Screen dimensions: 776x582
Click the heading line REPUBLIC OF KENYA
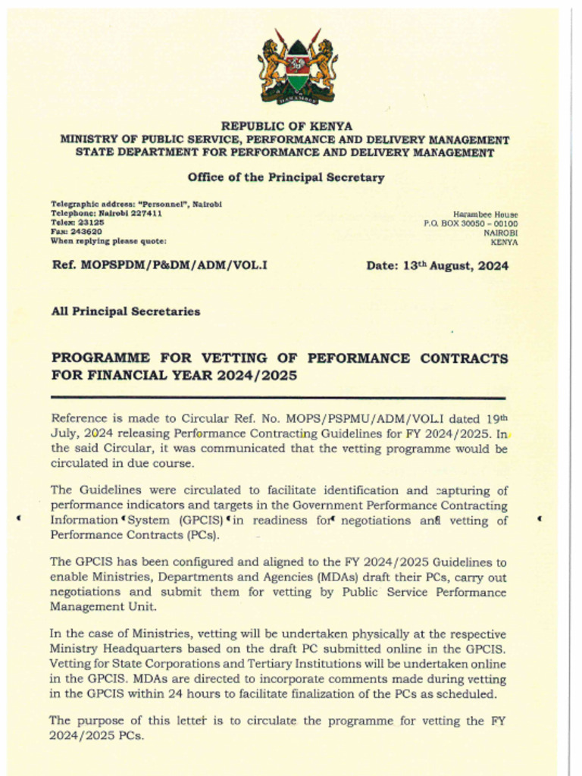(x=286, y=126)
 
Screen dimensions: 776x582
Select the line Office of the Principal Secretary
(x=286, y=177)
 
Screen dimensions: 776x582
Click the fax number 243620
(x=86, y=232)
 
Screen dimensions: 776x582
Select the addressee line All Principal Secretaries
(x=125, y=311)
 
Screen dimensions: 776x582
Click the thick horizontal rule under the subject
(x=277, y=398)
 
